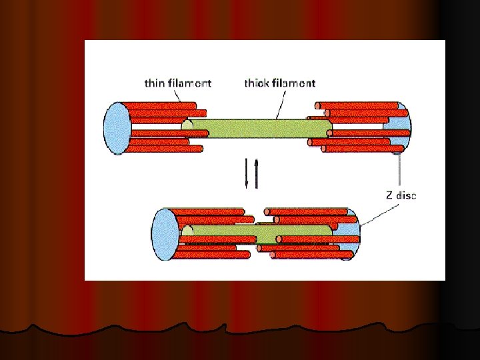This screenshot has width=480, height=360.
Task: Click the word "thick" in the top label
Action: point(257,83)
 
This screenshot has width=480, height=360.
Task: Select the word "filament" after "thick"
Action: point(294,83)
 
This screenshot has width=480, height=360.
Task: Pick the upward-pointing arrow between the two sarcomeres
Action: point(254,173)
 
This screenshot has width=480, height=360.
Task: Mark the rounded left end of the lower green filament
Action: point(189,231)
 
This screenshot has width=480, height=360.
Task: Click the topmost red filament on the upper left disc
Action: point(160,105)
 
